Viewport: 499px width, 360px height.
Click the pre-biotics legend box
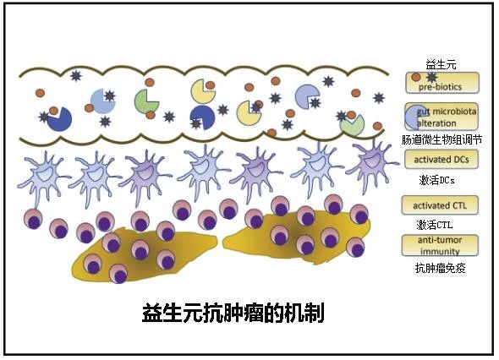coord(442,83)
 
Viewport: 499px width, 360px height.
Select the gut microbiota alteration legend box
coord(441,117)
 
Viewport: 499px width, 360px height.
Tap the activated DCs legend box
coord(441,159)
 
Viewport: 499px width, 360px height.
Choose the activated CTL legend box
coord(440,205)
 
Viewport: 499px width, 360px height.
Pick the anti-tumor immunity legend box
coord(440,245)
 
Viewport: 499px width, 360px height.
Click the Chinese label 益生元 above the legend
coord(441,65)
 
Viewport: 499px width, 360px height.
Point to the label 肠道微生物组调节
coord(441,139)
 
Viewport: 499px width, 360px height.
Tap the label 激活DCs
coord(436,180)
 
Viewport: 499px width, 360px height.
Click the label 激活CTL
coord(435,225)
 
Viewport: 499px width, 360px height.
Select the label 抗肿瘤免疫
coord(440,268)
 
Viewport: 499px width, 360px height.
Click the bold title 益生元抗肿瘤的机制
coord(233,313)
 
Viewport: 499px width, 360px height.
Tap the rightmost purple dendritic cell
coord(373,161)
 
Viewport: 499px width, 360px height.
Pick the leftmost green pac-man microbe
coord(145,101)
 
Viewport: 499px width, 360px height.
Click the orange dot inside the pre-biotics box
coord(415,77)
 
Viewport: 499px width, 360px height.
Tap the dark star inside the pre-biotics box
coord(431,77)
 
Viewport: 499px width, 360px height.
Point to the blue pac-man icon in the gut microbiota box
coord(414,117)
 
